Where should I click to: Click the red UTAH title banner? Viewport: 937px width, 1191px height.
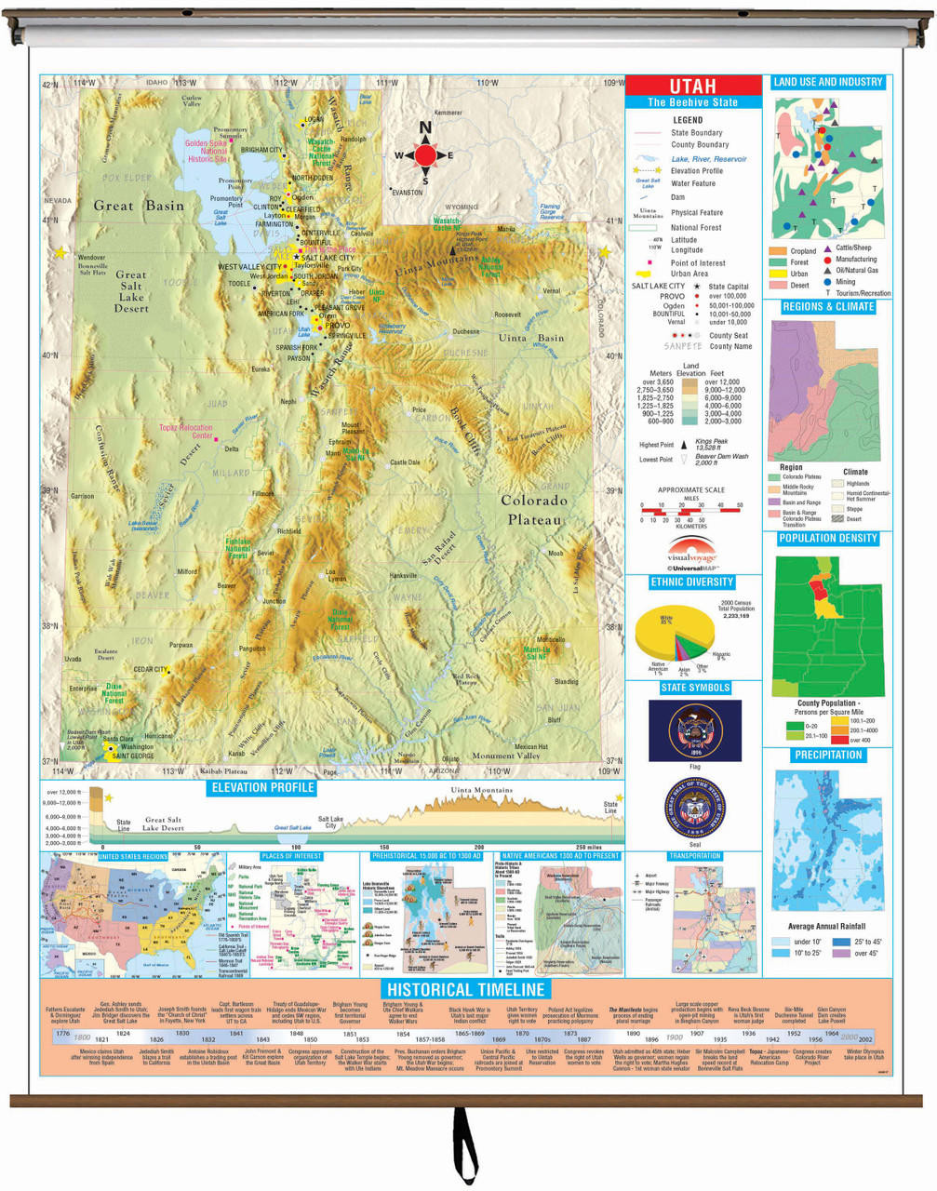tap(693, 87)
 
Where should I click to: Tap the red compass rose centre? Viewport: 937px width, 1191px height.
tap(425, 155)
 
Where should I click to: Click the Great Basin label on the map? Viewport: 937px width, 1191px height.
tap(138, 206)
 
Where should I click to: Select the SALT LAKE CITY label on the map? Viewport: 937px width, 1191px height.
tap(328, 259)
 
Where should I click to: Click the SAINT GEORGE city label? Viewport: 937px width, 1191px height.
tap(133, 756)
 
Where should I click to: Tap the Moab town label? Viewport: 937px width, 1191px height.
tap(556, 553)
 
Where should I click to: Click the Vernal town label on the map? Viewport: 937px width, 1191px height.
tap(552, 290)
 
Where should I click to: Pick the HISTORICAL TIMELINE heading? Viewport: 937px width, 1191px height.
tap(465, 989)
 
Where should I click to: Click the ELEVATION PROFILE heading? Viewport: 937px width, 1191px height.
tap(263, 787)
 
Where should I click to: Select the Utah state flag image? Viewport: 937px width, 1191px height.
tap(694, 730)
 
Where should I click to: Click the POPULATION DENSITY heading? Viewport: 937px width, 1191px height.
tap(827, 539)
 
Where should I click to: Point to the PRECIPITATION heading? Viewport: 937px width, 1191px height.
tap(827, 755)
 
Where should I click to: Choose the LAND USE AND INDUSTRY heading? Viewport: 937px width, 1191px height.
tap(827, 82)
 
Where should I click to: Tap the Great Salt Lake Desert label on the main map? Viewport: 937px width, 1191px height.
tap(131, 291)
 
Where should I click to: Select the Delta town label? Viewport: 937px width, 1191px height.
tap(231, 448)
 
